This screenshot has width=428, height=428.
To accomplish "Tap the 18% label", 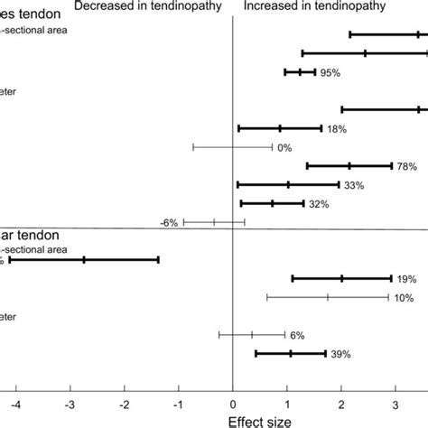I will (338, 129).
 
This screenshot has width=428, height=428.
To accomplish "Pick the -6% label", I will (169, 221).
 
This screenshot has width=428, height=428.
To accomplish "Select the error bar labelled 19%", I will (341, 278).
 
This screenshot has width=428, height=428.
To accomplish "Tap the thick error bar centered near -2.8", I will (84, 259).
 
